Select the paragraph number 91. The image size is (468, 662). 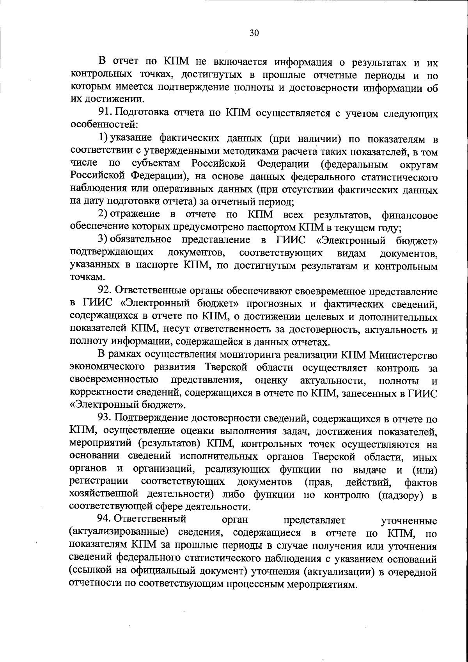pyautogui.click(x=105, y=114)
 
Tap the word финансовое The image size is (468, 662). pyautogui.click(x=409, y=216)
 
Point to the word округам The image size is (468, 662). pyautogui.click(x=419, y=164)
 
